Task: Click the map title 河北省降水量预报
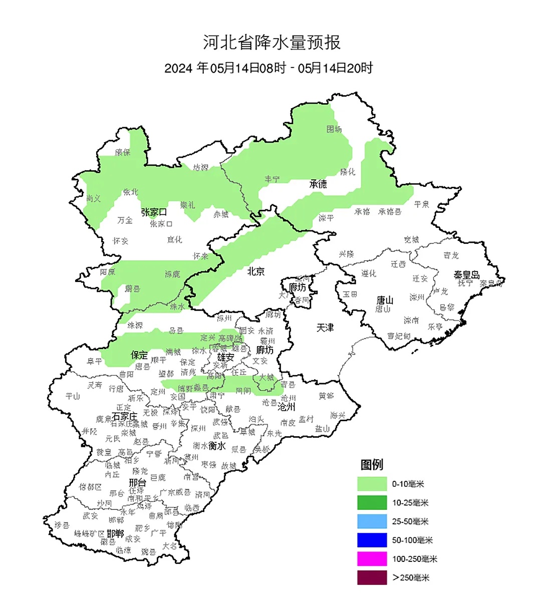click(272, 43)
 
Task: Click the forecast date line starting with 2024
click(268, 68)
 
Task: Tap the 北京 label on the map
click(255, 271)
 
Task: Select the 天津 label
click(325, 327)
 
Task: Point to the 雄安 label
click(225, 357)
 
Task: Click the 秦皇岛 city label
click(466, 275)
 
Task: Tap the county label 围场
click(334, 129)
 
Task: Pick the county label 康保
click(123, 152)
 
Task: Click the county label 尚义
click(93, 198)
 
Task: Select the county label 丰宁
click(272, 179)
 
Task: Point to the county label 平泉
click(422, 204)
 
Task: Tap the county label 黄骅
click(326, 396)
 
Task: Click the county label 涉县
click(61, 525)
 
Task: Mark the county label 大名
click(169, 545)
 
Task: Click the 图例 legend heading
click(372, 465)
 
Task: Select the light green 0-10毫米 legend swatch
click(372, 484)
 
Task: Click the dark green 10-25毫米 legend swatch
click(372, 502)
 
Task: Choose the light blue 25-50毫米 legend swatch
click(372, 521)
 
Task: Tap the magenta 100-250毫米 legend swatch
click(372, 559)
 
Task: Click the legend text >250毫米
click(411, 578)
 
